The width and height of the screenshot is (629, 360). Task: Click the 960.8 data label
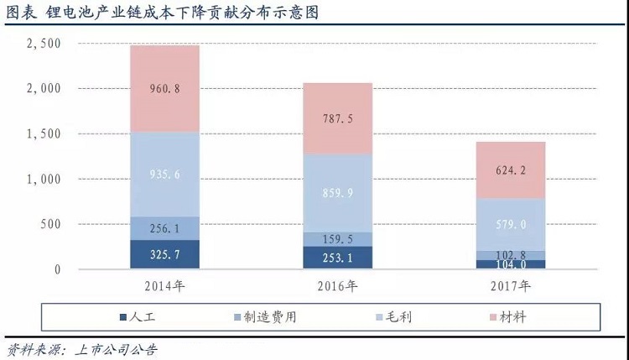coord(164,88)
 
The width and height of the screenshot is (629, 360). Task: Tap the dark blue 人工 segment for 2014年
coord(164,253)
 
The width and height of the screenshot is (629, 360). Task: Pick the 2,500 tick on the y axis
coord(44,43)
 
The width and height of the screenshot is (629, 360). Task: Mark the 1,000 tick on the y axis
coord(44,179)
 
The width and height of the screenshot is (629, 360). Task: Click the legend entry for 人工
coord(136,317)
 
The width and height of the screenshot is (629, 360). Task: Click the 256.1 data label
coord(164,228)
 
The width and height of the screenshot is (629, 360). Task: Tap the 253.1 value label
coord(336,258)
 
